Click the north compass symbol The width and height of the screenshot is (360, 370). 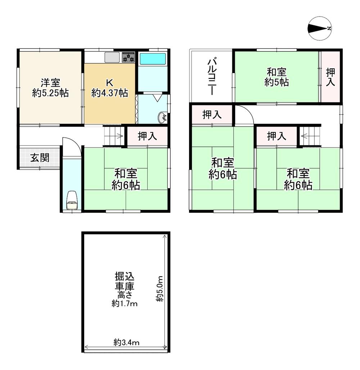click(x=320, y=28)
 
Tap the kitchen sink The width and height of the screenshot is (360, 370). click(x=112, y=57)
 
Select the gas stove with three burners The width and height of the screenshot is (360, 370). click(x=128, y=57)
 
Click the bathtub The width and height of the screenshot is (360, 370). click(x=153, y=59)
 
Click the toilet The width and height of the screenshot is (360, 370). click(x=72, y=200)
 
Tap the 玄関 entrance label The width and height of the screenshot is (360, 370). click(x=40, y=157)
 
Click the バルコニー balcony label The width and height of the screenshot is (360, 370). click(x=211, y=77)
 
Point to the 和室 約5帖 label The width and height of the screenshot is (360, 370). click(x=276, y=77)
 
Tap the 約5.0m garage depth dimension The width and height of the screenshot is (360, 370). click(x=160, y=288)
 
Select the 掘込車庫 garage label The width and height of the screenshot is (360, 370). click(x=125, y=281)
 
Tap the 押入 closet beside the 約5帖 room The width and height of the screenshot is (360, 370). click(x=330, y=77)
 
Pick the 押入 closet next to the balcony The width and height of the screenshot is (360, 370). click(x=212, y=115)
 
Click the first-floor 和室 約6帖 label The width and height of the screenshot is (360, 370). click(x=126, y=179)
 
